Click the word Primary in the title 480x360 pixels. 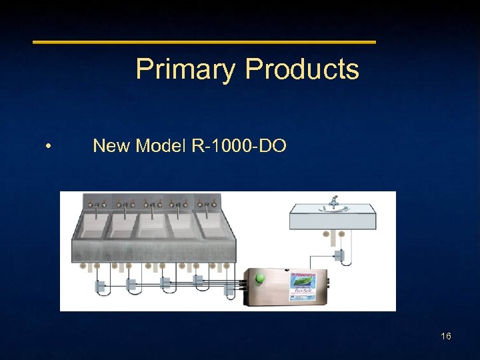[185, 69]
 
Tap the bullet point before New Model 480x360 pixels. [49, 146]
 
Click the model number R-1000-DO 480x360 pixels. [239, 145]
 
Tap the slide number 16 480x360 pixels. [446, 336]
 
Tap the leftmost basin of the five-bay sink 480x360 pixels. [93, 225]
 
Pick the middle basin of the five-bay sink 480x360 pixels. [153, 225]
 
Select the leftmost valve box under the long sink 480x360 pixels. [99, 286]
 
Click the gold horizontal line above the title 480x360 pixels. [205, 42]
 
